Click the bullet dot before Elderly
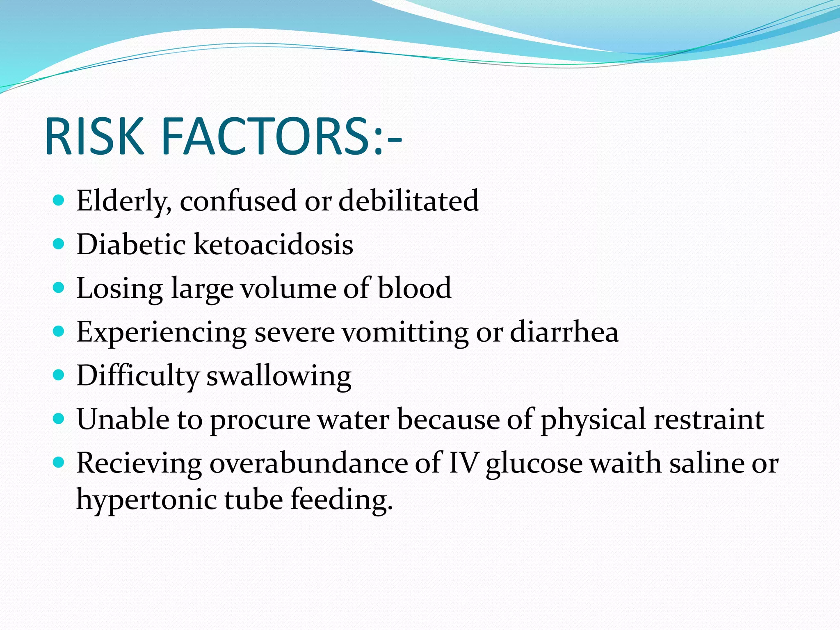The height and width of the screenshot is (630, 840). [x=59, y=201]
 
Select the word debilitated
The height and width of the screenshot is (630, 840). [x=409, y=201]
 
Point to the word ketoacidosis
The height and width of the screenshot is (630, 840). [x=273, y=244]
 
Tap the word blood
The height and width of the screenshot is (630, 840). [x=414, y=288]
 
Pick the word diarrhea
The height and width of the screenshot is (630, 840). [x=564, y=332]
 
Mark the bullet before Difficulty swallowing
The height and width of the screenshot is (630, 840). [x=59, y=375]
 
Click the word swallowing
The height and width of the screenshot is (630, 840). [x=278, y=376]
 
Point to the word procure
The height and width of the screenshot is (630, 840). [x=260, y=420]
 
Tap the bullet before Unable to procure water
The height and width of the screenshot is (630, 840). [x=59, y=419]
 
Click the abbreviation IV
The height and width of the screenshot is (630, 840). [x=463, y=463]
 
